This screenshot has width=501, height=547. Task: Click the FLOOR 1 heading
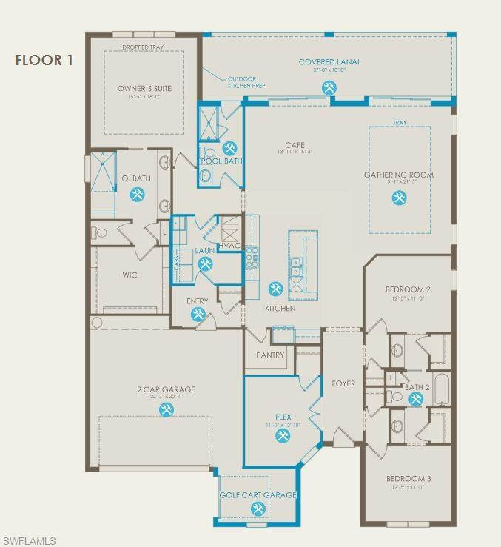[x=44, y=61]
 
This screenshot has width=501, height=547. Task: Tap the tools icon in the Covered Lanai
[x=329, y=87]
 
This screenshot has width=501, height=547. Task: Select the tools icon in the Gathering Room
[x=399, y=198]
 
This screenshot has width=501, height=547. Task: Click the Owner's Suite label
[x=144, y=89]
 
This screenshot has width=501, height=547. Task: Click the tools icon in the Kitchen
[x=275, y=289]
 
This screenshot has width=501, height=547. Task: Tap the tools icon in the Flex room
[x=282, y=436]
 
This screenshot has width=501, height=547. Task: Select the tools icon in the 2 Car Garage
[x=166, y=409]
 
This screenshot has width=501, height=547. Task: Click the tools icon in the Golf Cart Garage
[x=258, y=509]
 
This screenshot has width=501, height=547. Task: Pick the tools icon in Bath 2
[x=415, y=399]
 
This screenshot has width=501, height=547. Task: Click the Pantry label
[x=270, y=355]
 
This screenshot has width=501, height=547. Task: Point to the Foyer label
[x=343, y=383]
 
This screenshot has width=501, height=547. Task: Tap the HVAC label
[x=229, y=246]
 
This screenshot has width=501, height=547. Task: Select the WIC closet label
[x=130, y=275]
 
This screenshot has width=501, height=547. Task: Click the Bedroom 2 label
[x=408, y=289]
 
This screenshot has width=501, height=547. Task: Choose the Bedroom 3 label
[x=408, y=479]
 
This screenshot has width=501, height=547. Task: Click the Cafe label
[x=295, y=145]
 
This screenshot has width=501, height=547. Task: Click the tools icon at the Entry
[x=198, y=314]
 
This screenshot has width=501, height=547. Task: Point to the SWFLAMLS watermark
[x=30, y=541]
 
